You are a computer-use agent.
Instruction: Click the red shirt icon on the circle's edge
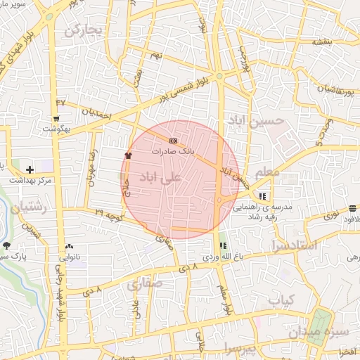point(128,155)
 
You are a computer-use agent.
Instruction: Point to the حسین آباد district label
point(259,122)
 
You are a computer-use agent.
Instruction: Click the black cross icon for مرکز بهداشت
point(30,169)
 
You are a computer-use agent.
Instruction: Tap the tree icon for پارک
point(7,245)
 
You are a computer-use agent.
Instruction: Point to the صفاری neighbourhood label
point(146,284)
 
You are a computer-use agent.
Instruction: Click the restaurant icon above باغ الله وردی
point(223,245)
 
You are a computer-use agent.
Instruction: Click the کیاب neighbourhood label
point(280,300)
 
